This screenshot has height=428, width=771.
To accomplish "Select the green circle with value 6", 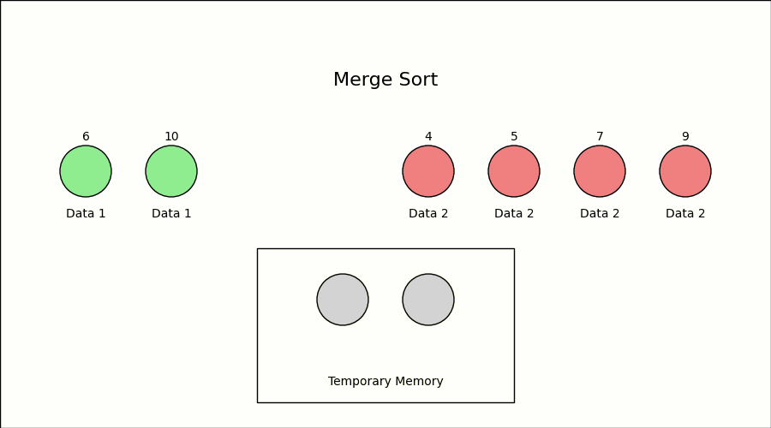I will click(86, 171).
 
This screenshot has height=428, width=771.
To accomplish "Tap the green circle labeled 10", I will click(171, 171).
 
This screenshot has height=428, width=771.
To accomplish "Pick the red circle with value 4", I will click(428, 171).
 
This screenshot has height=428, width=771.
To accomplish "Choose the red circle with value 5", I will click(514, 171).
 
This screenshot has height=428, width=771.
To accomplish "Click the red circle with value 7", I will click(600, 171).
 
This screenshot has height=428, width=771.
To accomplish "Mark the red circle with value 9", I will click(685, 171).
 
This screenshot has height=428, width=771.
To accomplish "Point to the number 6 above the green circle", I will click(86, 137).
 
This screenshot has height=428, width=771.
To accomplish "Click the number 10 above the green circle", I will click(171, 137).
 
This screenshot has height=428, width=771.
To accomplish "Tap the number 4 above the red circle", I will click(428, 137).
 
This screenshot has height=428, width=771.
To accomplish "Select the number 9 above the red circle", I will click(685, 137).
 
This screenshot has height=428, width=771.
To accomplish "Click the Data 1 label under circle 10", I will click(171, 214).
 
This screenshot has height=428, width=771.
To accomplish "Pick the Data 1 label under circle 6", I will click(86, 214).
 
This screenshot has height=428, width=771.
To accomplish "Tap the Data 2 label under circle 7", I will click(600, 214).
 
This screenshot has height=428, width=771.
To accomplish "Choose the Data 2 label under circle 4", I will click(428, 214).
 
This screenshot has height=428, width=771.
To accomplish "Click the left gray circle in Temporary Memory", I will click(343, 300).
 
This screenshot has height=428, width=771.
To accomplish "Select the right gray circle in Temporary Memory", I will click(428, 300).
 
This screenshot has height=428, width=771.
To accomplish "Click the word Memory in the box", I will click(419, 382).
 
